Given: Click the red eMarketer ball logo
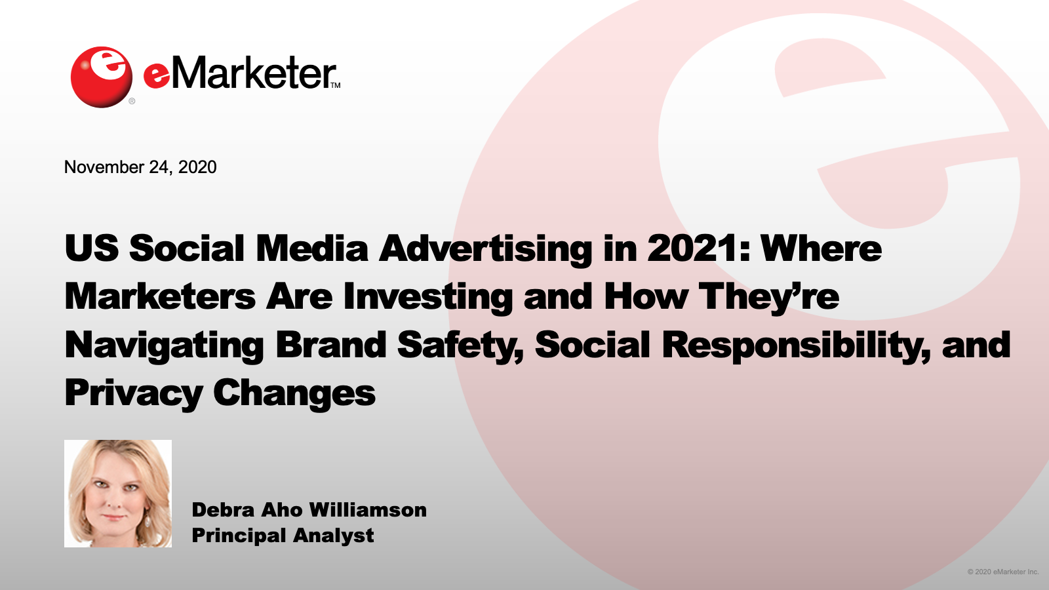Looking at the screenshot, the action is (x=101, y=77).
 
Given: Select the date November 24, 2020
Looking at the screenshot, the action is (x=140, y=167).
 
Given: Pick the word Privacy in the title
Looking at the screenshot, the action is (x=134, y=393).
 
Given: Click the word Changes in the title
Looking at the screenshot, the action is (x=294, y=393).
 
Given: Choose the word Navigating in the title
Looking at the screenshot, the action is (x=165, y=345).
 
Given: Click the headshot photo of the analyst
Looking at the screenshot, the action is (x=118, y=494).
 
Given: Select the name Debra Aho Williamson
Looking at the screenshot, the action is (x=309, y=510).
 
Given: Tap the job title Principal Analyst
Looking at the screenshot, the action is (x=283, y=536).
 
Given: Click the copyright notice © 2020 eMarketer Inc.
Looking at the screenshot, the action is (x=1003, y=572).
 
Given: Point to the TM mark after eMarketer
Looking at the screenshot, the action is (x=336, y=86).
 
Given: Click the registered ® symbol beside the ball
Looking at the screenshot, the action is (x=132, y=101).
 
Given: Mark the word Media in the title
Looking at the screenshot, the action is (x=312, y=248).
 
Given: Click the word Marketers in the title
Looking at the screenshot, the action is (x=160, y=297).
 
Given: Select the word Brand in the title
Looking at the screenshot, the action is (x=330, y=345).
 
